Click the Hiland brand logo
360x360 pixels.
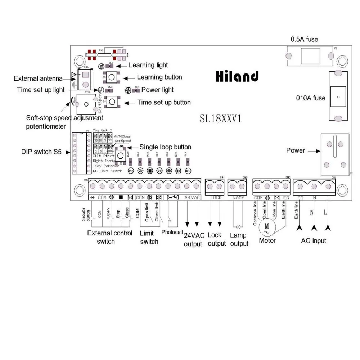coord(237,76)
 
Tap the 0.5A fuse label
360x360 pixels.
coord(304,39)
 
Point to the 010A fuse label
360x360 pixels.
coord(310,98)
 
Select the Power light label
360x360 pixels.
coord(157,90)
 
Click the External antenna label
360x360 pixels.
coord(38,78)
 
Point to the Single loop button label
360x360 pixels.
coord(165,147)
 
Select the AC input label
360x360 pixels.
coord(313,240)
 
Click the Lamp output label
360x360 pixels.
coord(239,239)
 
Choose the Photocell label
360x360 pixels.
coord(172,232)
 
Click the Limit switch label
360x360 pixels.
coord(149,238)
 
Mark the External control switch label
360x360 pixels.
coord(109,237)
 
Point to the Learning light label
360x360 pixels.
coord(148,65)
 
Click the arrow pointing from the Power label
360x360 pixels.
coord(314,151)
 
